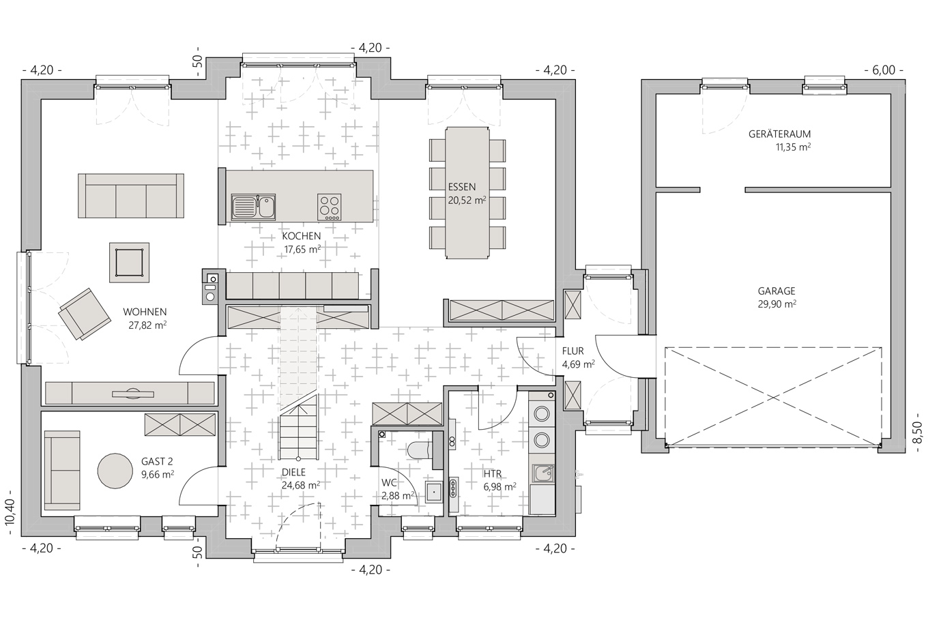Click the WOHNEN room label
[145, 312]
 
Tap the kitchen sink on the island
[254, 207]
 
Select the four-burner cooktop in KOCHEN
[330, 207]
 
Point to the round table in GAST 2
[115, 471]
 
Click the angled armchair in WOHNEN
[85, 314]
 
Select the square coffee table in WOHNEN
[129, 263]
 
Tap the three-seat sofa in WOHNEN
[131, 196]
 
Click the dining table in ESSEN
[467, 193]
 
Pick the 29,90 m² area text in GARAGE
[777, 304]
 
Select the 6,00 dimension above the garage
[884, 70]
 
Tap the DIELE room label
[293, 473]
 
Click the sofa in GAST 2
[62, 470]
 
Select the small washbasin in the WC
[434, 492]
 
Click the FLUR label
[573, 351]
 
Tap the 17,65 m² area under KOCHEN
[302, 250]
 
